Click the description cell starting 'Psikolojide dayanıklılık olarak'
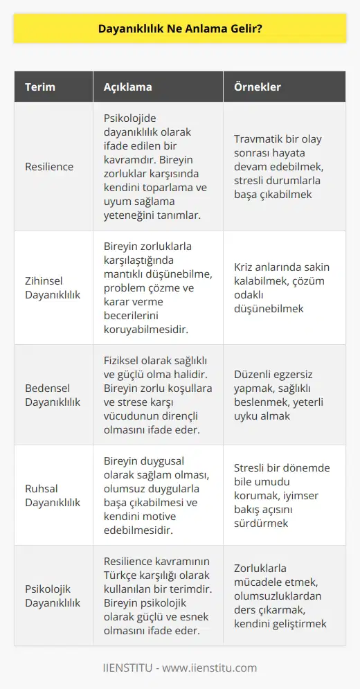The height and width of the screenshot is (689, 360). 157,167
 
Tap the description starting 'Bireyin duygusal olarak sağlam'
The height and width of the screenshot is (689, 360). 157,492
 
